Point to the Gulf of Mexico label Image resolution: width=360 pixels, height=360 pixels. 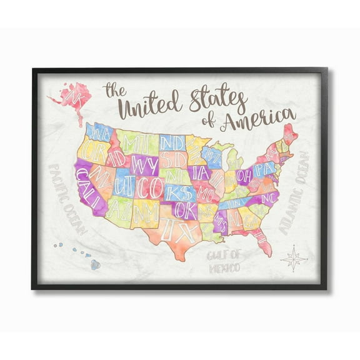(224, 258)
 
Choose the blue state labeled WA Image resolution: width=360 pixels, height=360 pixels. (99, 132)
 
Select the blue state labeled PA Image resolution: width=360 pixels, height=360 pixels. (267, 168)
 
